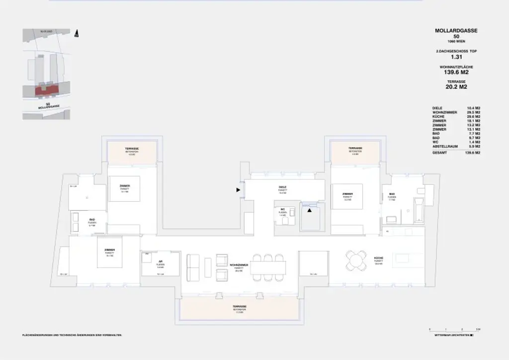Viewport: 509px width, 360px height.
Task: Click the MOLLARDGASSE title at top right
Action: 456,31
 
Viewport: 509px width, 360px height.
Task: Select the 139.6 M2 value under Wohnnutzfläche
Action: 456,72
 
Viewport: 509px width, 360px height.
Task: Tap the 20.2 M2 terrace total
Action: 456,87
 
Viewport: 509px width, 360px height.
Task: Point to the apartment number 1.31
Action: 456,57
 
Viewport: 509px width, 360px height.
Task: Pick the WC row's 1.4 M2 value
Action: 473,142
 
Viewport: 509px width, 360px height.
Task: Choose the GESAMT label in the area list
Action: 439,153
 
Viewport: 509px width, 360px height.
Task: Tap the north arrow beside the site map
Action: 77,33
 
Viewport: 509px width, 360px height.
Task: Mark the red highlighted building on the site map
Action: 46,91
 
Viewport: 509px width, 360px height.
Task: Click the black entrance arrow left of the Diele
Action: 239,189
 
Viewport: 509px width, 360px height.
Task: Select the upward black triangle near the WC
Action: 310,210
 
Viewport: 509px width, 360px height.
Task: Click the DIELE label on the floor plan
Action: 283,187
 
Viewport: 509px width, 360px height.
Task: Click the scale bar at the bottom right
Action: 454,329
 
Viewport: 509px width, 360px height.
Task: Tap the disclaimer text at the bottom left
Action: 72,335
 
